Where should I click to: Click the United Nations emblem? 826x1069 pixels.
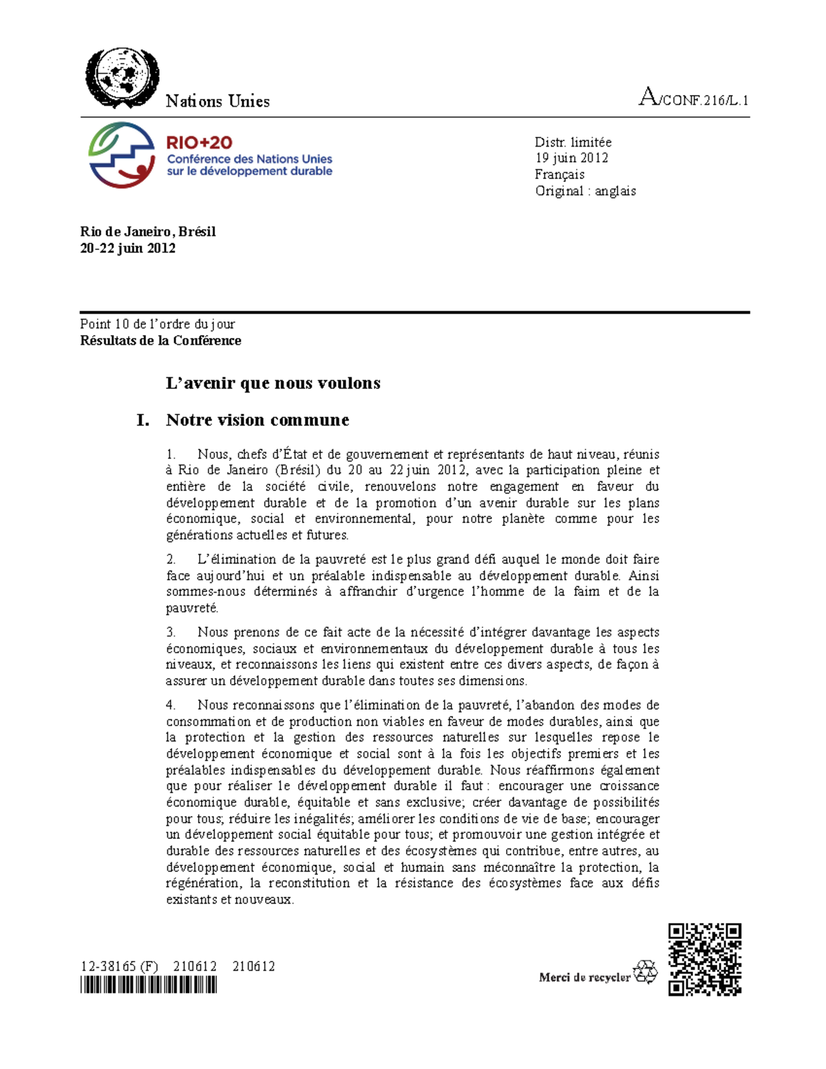(x=122, y=77)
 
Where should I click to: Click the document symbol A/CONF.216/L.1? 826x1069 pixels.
(x=693, y=98)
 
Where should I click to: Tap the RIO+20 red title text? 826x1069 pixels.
(x=199, y=142)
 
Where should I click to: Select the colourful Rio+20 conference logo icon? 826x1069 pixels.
(x=121, y=155)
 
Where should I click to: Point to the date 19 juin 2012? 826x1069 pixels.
(x=571, y=158)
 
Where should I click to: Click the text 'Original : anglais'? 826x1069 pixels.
(x=585, y=191)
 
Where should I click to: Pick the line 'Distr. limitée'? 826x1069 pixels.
(x=573, y=142)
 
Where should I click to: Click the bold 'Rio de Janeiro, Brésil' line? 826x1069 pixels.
(x=147, y=232)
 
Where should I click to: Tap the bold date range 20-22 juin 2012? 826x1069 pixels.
(x=127, y=248)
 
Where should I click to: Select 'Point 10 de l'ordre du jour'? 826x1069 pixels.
(x=157, y=324)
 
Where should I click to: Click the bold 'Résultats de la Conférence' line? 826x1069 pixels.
(x=160, y=341)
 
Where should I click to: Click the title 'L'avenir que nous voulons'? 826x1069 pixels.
(x=273, y=383)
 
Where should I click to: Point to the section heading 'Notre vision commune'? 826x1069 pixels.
(x=257, y=420)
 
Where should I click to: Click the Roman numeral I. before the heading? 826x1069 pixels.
(x=142, y=420)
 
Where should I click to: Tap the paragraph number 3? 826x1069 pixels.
(x=171, y=632)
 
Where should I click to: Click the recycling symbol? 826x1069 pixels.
(x=645, y=973)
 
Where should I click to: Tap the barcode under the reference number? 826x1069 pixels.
(x=148, y=986)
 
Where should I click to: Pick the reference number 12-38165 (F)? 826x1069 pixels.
(x=118, y=966)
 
